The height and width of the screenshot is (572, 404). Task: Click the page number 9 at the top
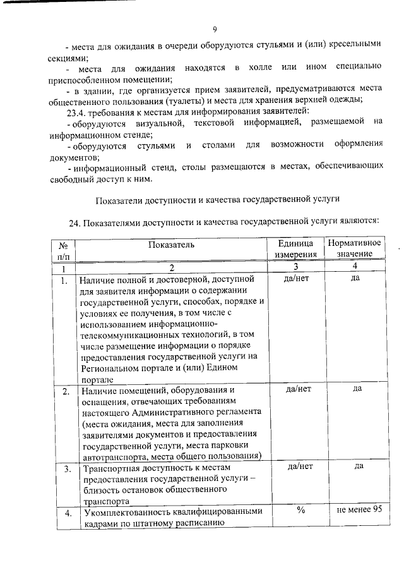point(215,28)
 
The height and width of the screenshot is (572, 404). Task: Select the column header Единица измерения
point(295,248)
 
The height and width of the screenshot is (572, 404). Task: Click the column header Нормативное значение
point(354,248)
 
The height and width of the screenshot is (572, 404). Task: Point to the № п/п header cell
point(63,249)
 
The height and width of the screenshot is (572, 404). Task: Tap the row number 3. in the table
point(66,469)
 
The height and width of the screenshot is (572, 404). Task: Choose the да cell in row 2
point(357,388)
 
